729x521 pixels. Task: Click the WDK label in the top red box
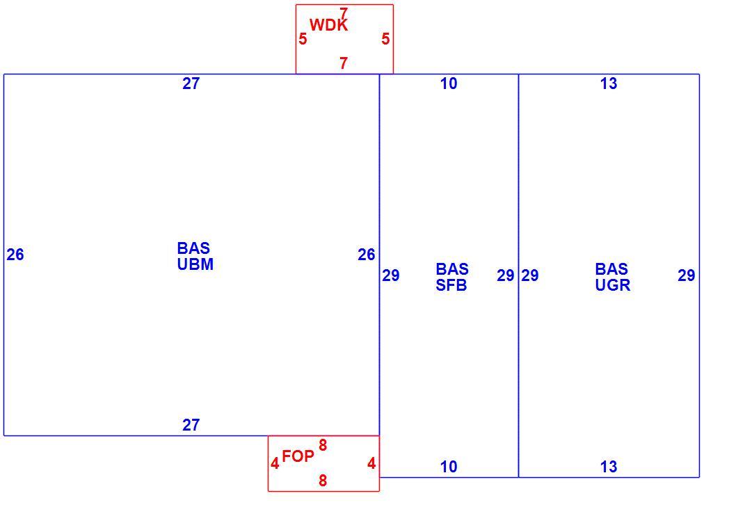(x=328, y=24)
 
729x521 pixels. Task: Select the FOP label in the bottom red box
(x=298, y=456)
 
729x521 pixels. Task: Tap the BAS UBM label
(x=195, y=256)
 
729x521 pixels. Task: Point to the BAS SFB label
(x=452, y=277)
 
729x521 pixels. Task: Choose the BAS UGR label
(x=613, y=277)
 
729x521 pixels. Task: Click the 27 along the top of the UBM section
(x=191, y=83)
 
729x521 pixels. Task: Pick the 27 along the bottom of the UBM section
(x=191, y=425)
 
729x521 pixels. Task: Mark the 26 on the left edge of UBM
(x=15, y=255)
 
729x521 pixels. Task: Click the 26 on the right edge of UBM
(x=367, y=255)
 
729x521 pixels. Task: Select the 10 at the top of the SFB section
(x=449, y=83)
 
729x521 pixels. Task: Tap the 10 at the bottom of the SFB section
(x=449, y=467)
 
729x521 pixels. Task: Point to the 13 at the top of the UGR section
(x=609, y=83)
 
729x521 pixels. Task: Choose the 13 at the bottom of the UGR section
(x=609, y=467)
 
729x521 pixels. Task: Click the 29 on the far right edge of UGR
(x=687, y=275)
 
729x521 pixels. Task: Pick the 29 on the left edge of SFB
(x=390, y=275)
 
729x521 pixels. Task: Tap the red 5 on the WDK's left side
(x=303, y=39)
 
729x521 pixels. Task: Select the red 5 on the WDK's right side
(x=385, y=39)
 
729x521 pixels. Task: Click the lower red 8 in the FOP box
(x=323, y=481)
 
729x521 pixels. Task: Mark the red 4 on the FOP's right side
(x=371, y=463)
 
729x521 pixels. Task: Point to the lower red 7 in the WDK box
(x=344, y=63)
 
